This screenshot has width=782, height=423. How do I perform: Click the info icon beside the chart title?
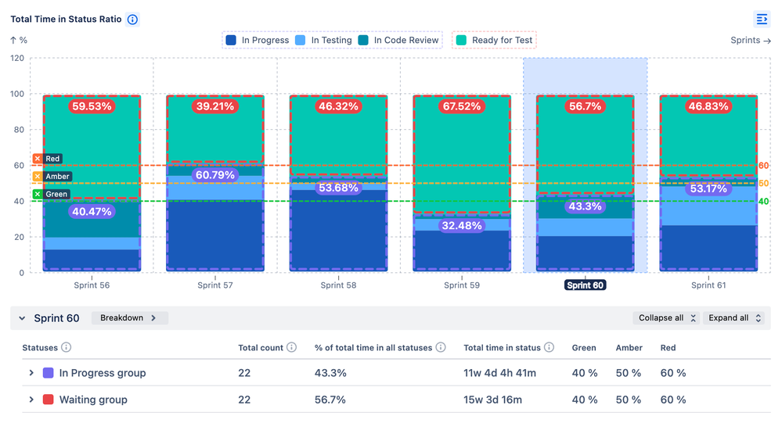point(133,20)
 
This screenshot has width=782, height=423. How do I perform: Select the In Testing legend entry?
point(324,40)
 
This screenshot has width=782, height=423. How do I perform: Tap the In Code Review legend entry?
point(399,40)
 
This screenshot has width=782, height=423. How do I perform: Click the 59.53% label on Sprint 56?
point(92,106)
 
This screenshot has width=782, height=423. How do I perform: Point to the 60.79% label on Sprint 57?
point(214,175)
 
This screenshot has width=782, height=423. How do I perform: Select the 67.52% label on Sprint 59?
point(461,106)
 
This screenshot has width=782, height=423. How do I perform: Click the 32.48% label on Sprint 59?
point(461,226)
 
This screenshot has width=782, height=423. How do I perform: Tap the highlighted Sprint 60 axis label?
point(584,285)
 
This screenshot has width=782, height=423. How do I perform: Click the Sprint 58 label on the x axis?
point(338,285)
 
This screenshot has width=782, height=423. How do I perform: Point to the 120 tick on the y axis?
point(17,59)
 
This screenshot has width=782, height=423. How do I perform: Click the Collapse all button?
point(665,318)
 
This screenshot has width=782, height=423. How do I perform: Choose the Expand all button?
point(733,318)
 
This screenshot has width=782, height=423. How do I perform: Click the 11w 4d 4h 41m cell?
point(499,373)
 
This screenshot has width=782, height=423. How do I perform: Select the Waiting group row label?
point(93,400)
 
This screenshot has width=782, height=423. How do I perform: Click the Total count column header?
point(260,348)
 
